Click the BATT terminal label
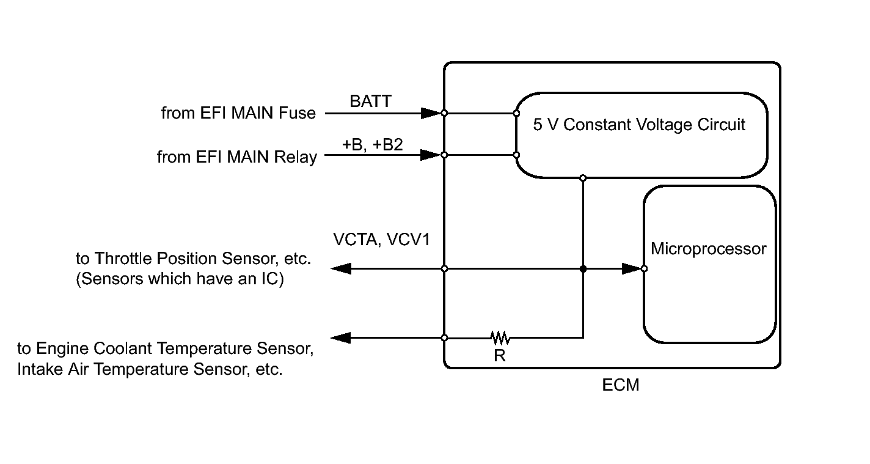click(370, 101)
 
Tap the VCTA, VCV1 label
click(381, 239)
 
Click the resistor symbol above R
click(500, 337)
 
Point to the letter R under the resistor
click(500, 355)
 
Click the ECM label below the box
click(621, 386)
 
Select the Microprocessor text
click(708, 249)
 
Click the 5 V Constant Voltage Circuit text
click(639, 125)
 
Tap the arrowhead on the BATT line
click(431, 113)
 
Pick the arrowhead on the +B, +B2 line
click(431, 155)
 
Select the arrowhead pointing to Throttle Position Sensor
click(341, 268)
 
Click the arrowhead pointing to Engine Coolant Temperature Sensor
click(341, 337)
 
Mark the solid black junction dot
click(583, 268)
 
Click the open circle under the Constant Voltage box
click(583, 178)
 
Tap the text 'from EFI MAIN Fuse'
click(238, 113)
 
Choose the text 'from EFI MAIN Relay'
click(237, 157)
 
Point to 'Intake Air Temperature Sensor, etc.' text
click(150, 370)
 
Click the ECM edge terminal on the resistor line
click(444, 337)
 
